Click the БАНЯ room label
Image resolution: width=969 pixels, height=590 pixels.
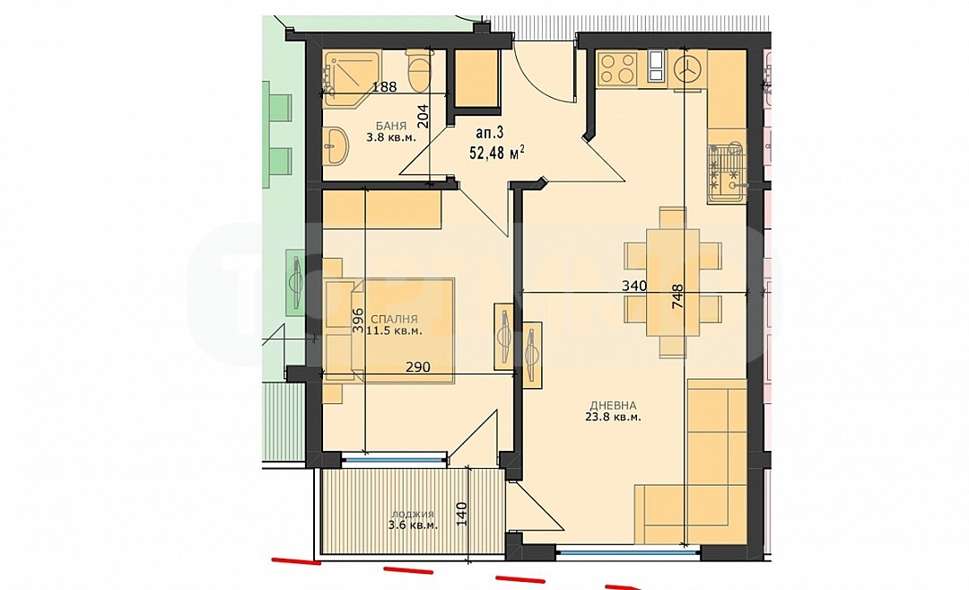[x=390, y=126]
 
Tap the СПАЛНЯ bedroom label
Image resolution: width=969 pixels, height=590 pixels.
[x=394, y=319]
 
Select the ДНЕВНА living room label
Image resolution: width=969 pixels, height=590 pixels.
[x=613, y=406]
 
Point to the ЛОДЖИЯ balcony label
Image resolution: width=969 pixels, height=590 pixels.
[x=412, y=515]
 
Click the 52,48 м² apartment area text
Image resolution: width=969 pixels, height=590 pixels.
[x=497, y=152]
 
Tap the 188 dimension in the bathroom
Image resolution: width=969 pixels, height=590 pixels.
[x=384, y=86]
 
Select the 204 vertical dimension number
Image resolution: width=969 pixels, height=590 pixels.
[x=423, y=116]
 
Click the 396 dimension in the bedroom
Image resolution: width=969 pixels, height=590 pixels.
[x=358, y=321]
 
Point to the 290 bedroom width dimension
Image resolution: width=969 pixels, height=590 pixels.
[x=418, y=366]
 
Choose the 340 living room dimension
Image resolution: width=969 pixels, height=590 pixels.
[x=634, y=286]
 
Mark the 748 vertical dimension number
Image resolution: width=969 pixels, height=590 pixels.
[x=677, y=296]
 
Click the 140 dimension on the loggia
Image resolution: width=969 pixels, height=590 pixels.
[x=462, y=514]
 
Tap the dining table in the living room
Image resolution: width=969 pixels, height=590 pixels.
[x=673, y=282]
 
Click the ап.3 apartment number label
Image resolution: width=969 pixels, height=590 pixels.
[x=490, y=132]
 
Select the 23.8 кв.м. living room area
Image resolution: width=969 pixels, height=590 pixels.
[x=613, y=417]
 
